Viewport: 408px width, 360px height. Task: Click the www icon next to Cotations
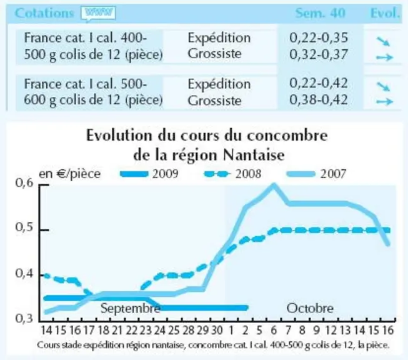(x=98, y=13)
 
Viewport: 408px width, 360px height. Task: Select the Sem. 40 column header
(x=320, y=13)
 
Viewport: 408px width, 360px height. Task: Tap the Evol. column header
(x=385, y=13)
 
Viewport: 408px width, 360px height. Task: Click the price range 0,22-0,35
(x=319, y=37)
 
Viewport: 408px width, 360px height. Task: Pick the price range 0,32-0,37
(x=319, y=54)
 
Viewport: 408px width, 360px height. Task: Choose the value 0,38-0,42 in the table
(x=319, y=100)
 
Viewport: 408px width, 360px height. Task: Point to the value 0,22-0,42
(x=319, y=83)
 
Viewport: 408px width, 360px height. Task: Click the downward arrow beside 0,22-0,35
(x=383, y=41)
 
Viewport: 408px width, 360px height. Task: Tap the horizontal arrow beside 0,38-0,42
(x=385, y=101)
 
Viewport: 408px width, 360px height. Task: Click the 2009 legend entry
(x=149, y=174)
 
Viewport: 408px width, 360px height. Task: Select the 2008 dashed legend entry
(x=232, y=174)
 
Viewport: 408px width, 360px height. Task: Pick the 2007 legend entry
(x=316, y=174)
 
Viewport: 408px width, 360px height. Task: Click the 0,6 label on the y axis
(x=24, y=183)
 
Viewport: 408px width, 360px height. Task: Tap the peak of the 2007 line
(x=274, y=185)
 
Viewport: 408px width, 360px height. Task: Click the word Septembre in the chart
(x=131, y=309)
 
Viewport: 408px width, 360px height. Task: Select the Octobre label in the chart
(x=310, y=309)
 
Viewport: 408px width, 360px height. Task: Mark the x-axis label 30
(x=217, y=331)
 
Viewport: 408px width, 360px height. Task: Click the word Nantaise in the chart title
(x=254, y=155)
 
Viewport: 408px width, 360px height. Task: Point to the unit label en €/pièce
(x=70, y=174)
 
